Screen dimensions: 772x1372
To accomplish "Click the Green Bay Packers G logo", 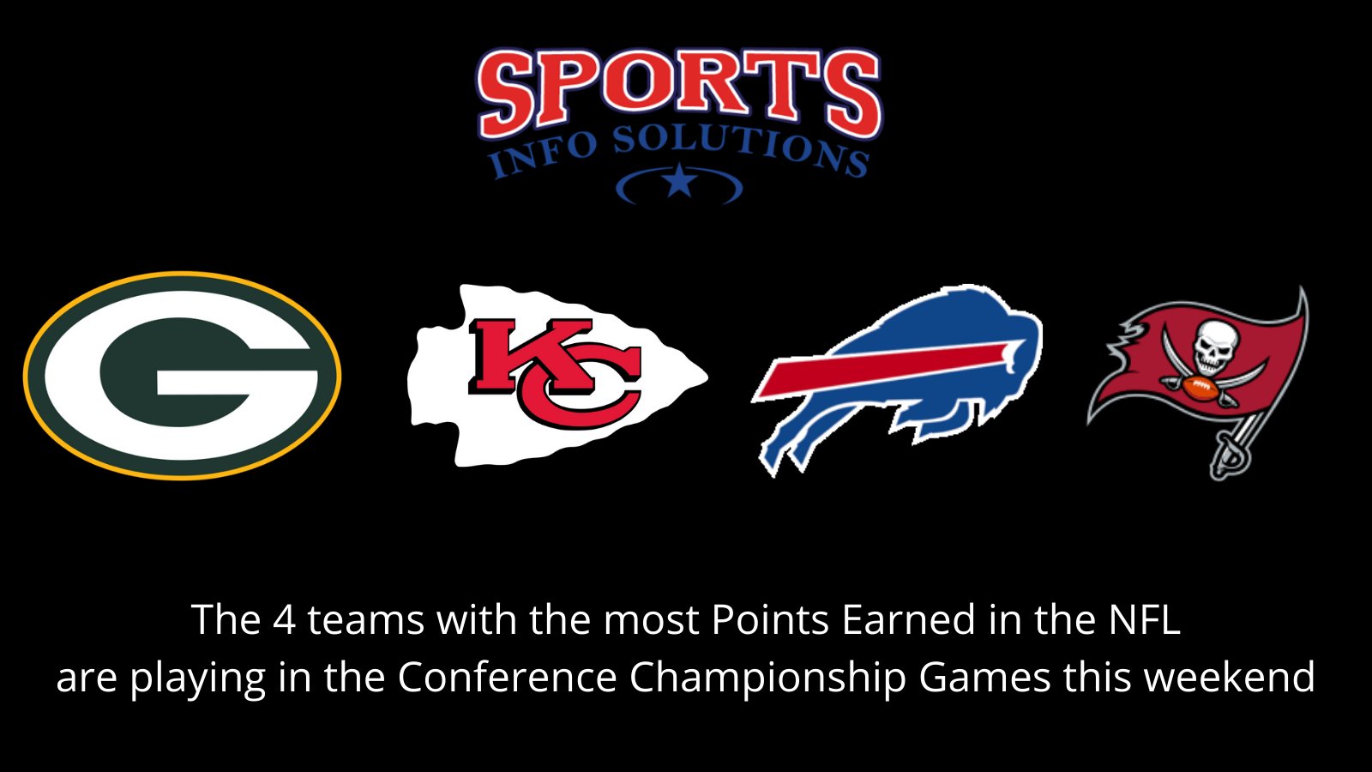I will (182, 376).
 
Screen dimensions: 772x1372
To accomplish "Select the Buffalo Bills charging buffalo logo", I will (896, 377).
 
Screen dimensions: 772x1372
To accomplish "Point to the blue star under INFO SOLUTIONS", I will (680, 182).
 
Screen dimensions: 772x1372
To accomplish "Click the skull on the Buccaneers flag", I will (1215, 343).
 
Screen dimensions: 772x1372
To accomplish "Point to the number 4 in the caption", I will (284, 620).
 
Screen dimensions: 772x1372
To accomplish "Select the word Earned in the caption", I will (909, 620).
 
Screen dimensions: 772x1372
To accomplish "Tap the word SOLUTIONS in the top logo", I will (741, 148).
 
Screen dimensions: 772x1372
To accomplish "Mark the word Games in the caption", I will (984, 678).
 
